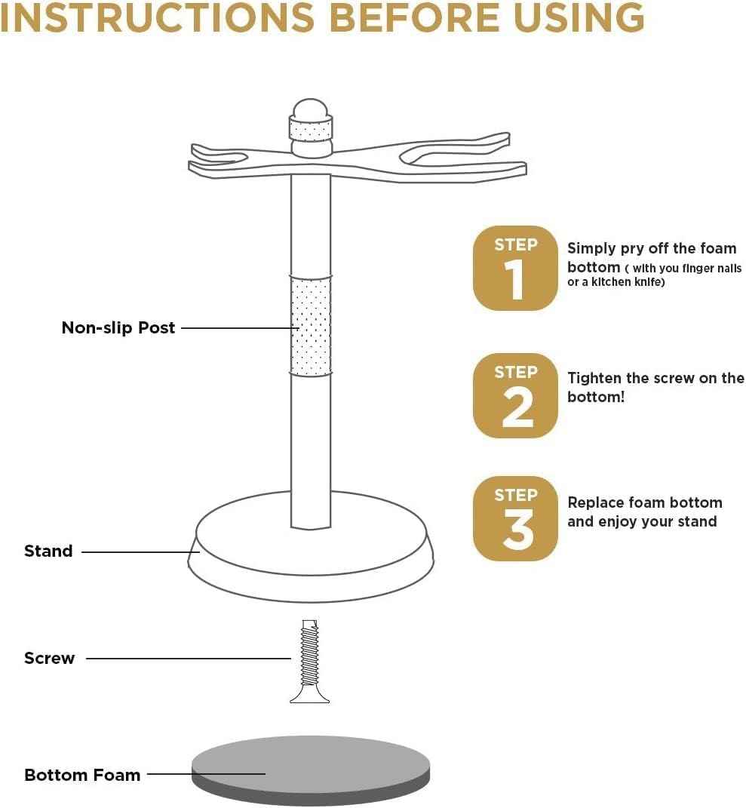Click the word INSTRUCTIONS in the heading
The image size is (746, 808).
[x=157, y=18]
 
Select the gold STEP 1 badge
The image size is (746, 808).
[x=515, y=268]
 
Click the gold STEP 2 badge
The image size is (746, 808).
[x=515, y=395]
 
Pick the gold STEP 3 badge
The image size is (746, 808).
[x=515, y=518]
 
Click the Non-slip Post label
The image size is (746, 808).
[x=118, y=328]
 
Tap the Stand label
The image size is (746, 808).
[x=48, y=551]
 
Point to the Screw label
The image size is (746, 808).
[x=50, y=659]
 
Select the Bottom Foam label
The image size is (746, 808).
[x=82, y=775]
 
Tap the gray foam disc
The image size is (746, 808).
[x=311, y=762]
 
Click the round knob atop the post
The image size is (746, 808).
[x=310, y=111]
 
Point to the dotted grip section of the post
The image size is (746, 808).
[x=310, y=327]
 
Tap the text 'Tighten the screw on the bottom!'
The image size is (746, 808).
[x=655, y=387]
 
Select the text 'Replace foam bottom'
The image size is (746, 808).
[x=644, y=502]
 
